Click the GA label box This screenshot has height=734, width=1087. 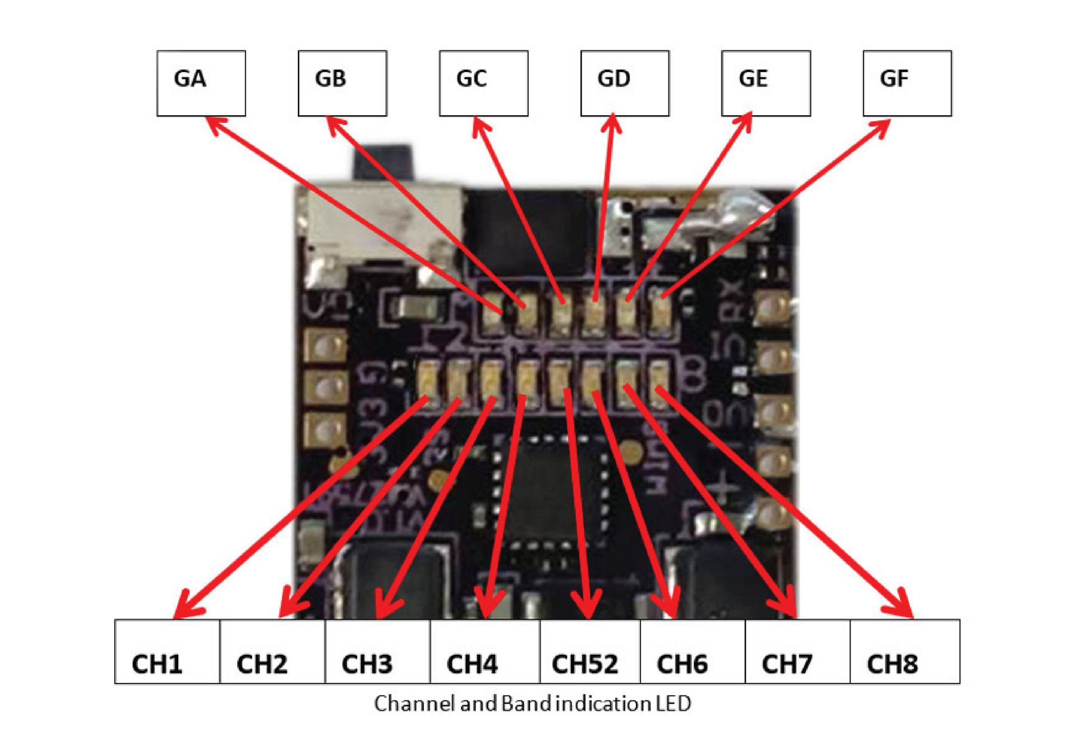click(x=201, y=83)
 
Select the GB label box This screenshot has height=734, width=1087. click(x=342, y=83)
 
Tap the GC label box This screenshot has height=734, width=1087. click(x=484, y=83)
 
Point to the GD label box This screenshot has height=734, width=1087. click(x=625, y=83)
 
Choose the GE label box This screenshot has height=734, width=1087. click(x=766, y=83)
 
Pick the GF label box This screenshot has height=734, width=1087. click(x=907, y=83)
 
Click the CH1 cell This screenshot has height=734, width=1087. click(x=167, y=651)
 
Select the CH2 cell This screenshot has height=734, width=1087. click(x=272, y=651)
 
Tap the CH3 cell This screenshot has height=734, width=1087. click(x=378, y=651)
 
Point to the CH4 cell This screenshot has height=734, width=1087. click(x=485, y=651)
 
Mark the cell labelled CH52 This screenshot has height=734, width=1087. click(x=590, y=651)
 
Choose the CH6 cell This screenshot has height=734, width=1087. click(x=692, y=651)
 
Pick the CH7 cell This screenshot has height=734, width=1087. click(x=797, y=651)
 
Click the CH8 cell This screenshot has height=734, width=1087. click(x=905, y=651)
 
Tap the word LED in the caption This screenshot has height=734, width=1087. click(x=673, y=704)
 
